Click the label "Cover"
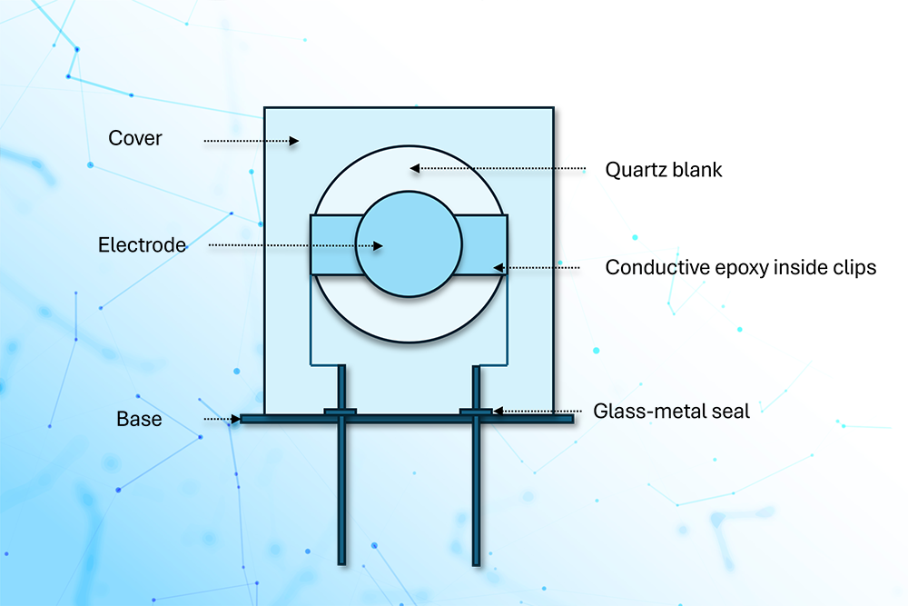(x=135, y=138)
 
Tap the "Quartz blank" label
(x=664, y=169)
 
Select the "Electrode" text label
(x=142, y=245)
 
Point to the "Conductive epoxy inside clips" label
(x=740, y=268)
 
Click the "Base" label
(x=139, y=419)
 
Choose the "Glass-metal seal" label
(x=671, y=411)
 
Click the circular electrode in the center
(x=408, y=243)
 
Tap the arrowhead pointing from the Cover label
(x=294, y=141)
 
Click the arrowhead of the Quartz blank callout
(x=414, y=168)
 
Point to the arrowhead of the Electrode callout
(x=383, y=245)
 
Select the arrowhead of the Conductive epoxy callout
(x=498, y=267)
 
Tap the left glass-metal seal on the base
(x=340, y=412)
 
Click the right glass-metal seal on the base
(x=476, y=412)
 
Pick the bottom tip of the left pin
(x=341, y=561)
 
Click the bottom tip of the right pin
(x=476, y=561)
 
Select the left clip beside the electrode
(x=331, y=244)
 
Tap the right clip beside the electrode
(x=484, y=244)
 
